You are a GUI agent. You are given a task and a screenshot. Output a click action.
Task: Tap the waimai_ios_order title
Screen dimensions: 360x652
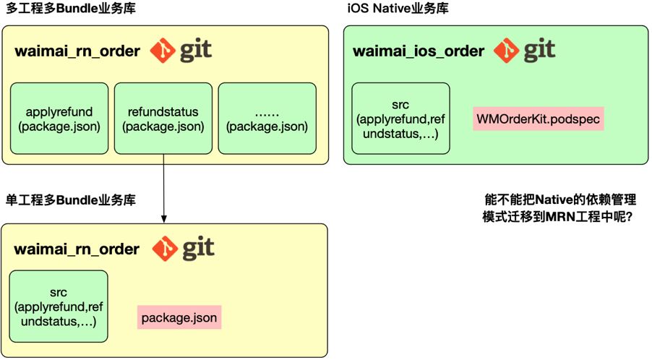[x=418, y=51]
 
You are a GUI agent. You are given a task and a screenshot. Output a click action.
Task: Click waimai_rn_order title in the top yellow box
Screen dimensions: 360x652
[x=77, y=52]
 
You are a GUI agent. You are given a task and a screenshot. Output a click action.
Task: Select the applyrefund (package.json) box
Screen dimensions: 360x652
[x=59, y=119]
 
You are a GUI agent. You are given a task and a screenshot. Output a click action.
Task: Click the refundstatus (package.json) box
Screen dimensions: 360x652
[x=163, y=119]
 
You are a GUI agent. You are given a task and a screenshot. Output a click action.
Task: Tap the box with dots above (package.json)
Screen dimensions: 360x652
[x=267, y=119]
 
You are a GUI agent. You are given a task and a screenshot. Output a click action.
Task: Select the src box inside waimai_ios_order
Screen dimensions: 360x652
[x=400, y=119]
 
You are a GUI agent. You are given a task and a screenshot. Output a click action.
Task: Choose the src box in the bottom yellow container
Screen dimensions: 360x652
[x=59, y=307]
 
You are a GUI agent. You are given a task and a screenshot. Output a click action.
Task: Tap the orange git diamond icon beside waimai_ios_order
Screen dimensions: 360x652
[x=507, y=51]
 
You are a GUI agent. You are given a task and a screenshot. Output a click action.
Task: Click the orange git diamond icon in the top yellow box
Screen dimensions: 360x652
[x=163, y=51]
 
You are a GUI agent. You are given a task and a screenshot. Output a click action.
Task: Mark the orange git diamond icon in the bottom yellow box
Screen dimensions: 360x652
[x=166, y=249]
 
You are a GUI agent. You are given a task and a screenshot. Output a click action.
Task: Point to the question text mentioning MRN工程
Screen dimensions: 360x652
[x=556, y=216]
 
